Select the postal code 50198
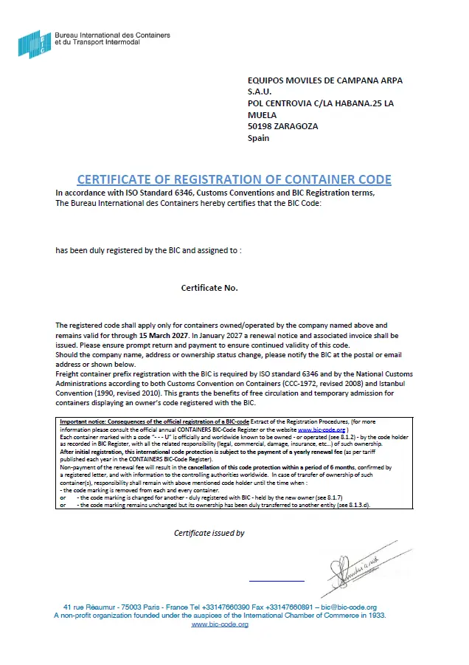(x=261, y=126)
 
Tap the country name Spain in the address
(x=258, y=138)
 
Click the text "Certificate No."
(x=209, y=288)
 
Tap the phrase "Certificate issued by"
(x=209, y=533)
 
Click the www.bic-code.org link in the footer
(x=220, y=624)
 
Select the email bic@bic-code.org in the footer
(x=350, y=607)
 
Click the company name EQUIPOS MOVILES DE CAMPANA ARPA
(x=325, y=80)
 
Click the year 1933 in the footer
(x=376, y=616)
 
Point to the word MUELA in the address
(x=262, y=115)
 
